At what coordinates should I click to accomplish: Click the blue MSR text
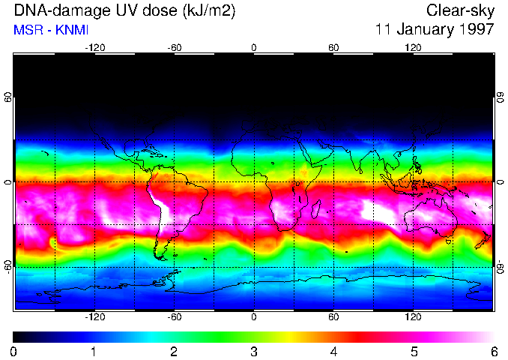pyautogui.click(x=27, y=30)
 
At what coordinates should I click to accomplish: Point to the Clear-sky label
pyautogui.click(x=460, y=10)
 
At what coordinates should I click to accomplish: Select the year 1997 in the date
pyautogui.click(x=478, y=30)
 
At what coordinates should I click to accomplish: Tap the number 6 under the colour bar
pyautogui.click(x=493, y=351)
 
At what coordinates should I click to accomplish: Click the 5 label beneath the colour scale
pyautogui.click(x=414, y=351)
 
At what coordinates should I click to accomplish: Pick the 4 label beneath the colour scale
pyautogui.click(x=333, y=351)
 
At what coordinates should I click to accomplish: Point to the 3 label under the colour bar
pyautogui.click(x=253, y=351)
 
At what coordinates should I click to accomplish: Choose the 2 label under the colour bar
pyautogui.click(x=174, y=351)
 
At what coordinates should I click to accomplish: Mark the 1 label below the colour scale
pyautogui.click(x=94, y=351)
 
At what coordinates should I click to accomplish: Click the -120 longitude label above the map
pyautogui.click(x=94, y=48)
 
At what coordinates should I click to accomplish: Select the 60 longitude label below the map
pyautogui.click(x=333, y=316)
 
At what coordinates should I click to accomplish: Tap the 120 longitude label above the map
pyautogui.click(x=413, y=48)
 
